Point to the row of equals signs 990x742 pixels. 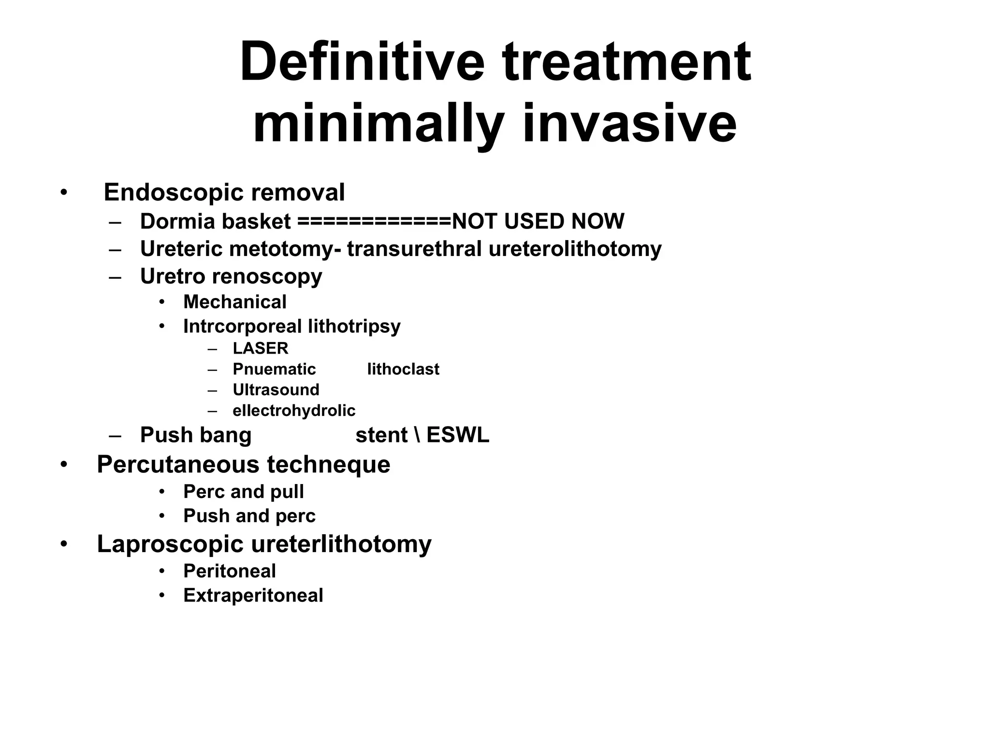point(374,222)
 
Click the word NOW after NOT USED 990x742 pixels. point(597,221)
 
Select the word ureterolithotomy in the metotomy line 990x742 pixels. point(575,249)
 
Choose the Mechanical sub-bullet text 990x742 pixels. point(234,302)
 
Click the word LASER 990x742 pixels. point(260,348)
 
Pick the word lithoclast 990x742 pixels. point(403,369)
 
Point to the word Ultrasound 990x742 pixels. point(276,390)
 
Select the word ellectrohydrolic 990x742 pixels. point(293,411)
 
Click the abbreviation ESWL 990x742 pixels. point(457,435)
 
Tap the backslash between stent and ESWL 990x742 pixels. point(417,435)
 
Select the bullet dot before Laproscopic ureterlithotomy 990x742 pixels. point(64,544)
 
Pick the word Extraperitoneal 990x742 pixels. point(253,595)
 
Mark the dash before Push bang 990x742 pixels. point(115,435)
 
